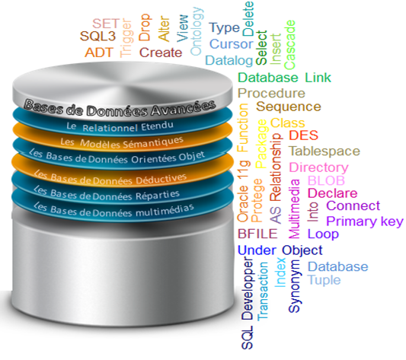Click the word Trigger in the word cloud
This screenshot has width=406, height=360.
126,38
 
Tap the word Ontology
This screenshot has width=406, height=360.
197,31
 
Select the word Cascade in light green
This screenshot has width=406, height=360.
289,45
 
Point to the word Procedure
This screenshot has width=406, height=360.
271,93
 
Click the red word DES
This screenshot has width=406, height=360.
303,135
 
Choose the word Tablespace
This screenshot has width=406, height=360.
324,151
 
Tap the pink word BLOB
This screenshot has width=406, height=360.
326,180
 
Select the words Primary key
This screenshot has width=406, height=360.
365,221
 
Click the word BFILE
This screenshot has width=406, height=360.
257,234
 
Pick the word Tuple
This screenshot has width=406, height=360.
324,280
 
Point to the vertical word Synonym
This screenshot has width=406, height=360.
295,286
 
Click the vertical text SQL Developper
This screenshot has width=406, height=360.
248,304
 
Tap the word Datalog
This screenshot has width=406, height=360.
229,60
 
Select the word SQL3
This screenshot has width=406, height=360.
98,36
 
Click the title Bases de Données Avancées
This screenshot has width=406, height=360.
120,108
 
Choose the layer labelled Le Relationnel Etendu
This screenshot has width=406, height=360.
120,126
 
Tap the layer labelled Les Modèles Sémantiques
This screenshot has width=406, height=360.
122,142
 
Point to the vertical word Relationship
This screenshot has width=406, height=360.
276,167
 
